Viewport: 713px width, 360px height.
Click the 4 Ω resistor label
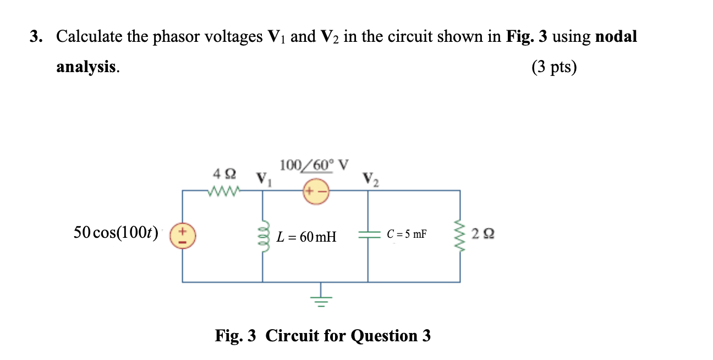(224, 174)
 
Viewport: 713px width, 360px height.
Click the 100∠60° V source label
(314, 165)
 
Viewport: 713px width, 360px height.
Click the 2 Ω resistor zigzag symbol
(460, 234)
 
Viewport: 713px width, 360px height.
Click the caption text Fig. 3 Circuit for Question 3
(323, 335)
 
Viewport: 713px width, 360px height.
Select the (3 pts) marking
(554, 67)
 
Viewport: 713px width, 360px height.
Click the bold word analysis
(86, 67)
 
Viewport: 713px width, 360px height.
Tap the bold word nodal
(616, 37)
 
